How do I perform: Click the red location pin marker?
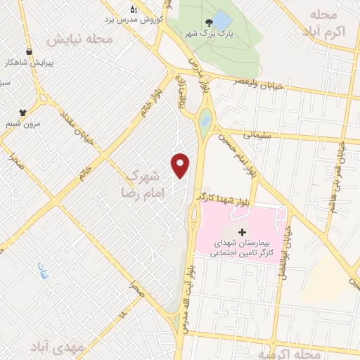(x=181, y=165)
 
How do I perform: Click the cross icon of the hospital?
(x=242, y=232)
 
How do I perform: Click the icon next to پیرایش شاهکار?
(x=29, y=51)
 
